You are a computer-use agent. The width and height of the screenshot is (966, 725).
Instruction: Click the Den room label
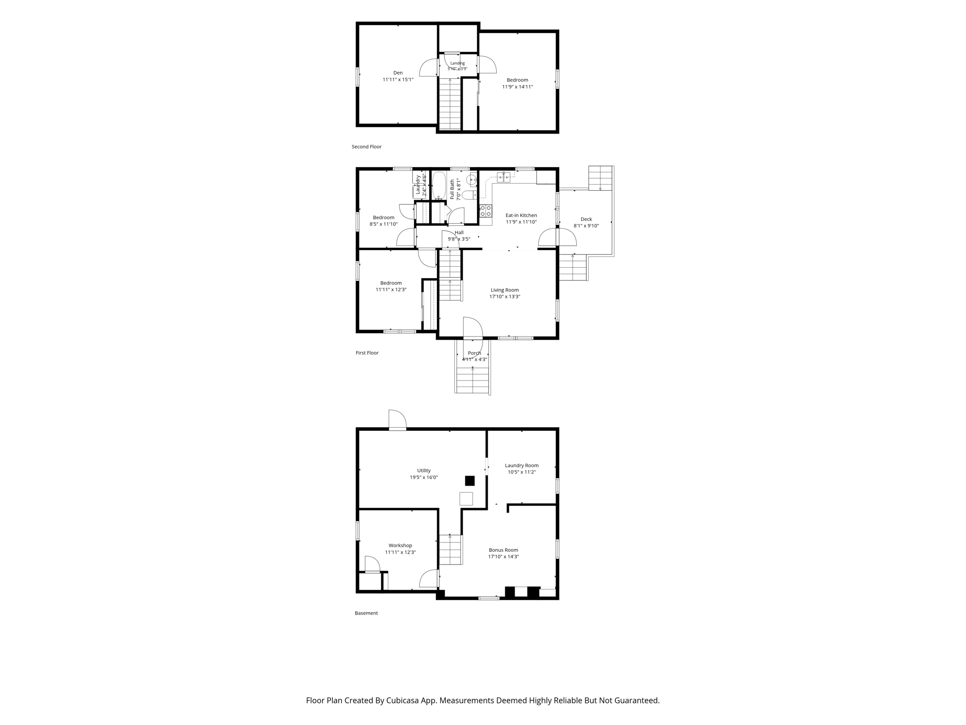(398, 73)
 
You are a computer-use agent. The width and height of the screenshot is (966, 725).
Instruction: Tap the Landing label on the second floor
(458, 63)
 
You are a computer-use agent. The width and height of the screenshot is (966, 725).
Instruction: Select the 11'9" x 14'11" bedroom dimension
(517, 87)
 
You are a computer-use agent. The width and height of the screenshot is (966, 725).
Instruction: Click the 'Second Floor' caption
(366, 147)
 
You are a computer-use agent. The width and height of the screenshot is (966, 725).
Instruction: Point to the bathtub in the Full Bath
(439, 185)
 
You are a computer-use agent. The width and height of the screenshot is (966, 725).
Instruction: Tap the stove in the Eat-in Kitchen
(486, 211)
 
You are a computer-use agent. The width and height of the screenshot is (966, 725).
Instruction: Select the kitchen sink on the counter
(503, 177)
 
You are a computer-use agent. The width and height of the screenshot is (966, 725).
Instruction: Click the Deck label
(586, 219)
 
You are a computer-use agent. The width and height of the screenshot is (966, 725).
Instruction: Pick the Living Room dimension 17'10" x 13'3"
(505, 297)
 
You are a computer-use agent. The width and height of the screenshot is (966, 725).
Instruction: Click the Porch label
(475, 353)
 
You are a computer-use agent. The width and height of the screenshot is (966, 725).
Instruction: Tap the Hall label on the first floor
(459, 232)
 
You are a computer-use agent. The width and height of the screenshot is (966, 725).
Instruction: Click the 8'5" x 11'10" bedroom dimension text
(383, 224)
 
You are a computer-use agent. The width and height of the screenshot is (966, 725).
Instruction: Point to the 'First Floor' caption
(367, 353)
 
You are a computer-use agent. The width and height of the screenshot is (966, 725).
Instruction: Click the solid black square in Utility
(470, 481)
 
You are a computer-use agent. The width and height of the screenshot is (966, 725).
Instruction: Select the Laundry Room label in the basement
(522, 465)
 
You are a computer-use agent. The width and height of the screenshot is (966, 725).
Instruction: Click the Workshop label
(400, 546)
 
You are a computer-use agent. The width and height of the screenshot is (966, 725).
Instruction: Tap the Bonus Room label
(503, 550)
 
